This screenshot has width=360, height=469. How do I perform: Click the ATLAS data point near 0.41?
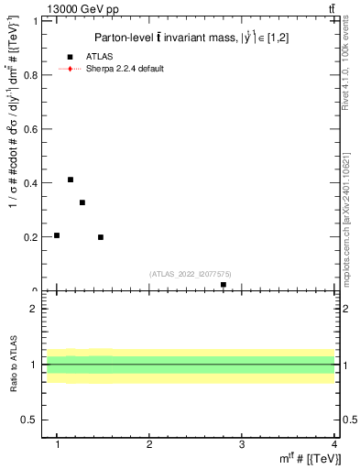pyautogui.click(x=71, y=180)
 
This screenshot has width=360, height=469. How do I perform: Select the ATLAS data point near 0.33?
pyautogui.click(x=82, y=202)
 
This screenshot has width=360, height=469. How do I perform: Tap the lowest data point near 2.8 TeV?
pyautogui.click(x=224, y=285)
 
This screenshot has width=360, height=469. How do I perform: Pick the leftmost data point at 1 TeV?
pyautogui.click(x=57, y=235)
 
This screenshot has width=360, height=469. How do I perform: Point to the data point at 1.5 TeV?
pyautogui.click(x=101, y=237)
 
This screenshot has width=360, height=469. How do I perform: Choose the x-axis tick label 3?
pyautogui.click(x=242, y=444)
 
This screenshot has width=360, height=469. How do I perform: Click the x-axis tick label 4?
pyautogui.click(x=334, y=444)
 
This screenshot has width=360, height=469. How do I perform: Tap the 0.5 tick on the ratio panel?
pyautogui.click(x=31, y=420)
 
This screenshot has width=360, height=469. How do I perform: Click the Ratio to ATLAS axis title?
pyautogui.click(x=14, y=365)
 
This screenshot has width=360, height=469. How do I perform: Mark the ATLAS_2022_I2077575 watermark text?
pyautogui.click(x=191, y=273)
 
